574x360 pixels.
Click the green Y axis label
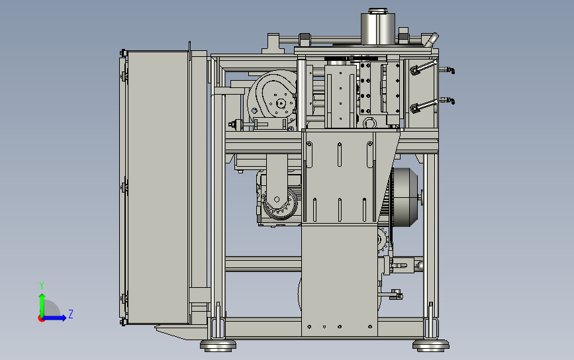42,286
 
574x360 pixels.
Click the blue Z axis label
71,314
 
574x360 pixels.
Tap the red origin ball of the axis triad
41,319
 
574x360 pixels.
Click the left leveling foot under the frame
218,345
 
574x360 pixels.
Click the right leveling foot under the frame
431,345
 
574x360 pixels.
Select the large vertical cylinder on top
378,27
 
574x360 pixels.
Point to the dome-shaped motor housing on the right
405,197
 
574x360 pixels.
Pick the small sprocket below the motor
383,240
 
